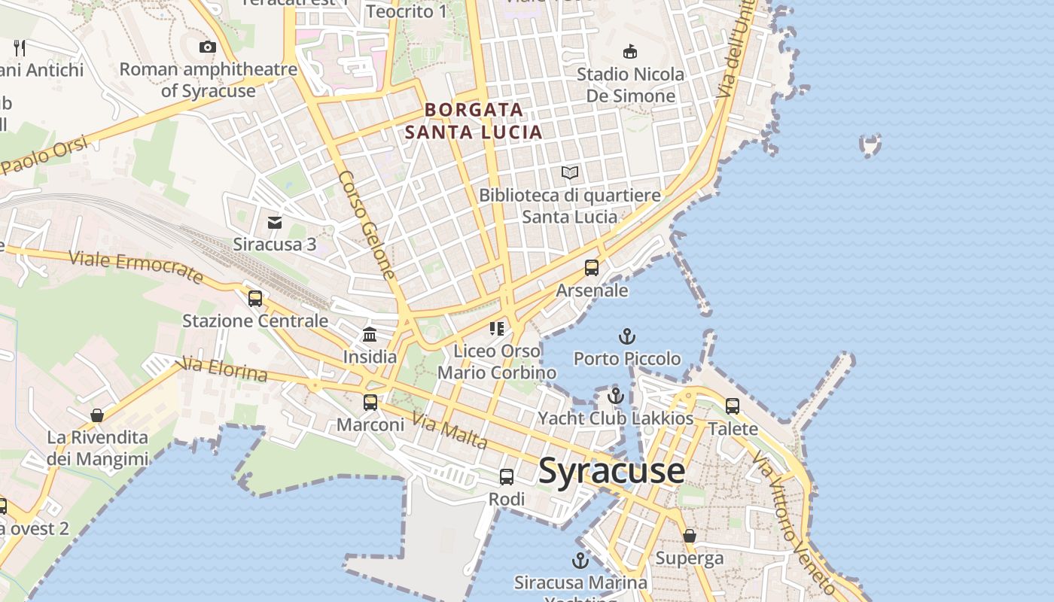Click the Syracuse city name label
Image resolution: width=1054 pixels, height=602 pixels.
click(611, 471)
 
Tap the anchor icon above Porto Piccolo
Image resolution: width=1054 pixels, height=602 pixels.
click(627, 336)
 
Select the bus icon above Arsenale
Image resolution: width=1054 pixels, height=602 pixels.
click(592, 268)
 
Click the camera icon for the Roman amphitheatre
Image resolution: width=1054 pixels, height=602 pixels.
click(208, 47)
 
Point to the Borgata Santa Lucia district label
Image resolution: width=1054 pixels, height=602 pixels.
click(474, 121)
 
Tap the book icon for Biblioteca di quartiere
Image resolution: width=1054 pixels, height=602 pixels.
click(570, 173)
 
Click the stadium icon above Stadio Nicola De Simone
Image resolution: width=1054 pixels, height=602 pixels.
click(630, 51)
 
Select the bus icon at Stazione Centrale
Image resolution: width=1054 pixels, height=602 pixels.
click(255, 299)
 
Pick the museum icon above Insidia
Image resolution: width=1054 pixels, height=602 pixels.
click(370, 335)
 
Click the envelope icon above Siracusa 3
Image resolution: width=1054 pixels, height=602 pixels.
click(275, 222)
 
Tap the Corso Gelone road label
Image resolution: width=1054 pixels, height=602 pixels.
click(367, 225)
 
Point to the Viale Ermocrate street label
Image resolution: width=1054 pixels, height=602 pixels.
click(136, 268)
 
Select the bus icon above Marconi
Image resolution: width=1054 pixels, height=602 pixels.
click(370, 403)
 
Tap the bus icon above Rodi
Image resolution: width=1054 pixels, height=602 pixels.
click(507, 477)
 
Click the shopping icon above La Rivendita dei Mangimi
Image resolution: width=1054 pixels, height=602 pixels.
click(97, 415)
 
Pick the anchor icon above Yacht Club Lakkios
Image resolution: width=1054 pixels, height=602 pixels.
click(616, 396)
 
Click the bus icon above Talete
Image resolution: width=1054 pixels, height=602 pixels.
click(733, 406)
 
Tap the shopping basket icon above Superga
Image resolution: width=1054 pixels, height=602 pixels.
click(690, 536)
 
